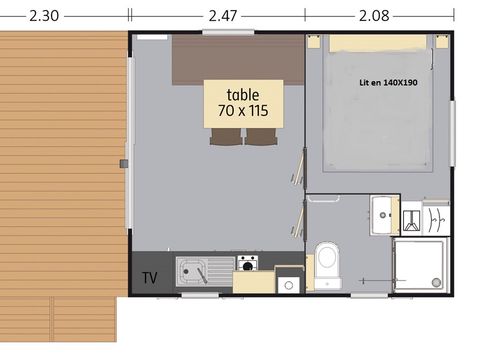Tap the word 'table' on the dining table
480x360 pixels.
click(x=243, y=95)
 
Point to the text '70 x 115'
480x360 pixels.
click(x=243, y=111)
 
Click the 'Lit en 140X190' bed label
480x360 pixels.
click(x=388, y=82)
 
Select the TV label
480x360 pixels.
click(x=150, y=277)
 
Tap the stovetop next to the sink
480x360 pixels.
click(x=247, y=264)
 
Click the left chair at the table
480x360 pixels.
click(x=226, y=137)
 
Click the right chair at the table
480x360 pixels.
click(x=261, y=137)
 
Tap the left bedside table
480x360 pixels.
click(x=315, y=42)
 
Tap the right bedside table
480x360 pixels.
click(x=441, y=42)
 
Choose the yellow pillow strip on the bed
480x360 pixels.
click(x=378, y=43)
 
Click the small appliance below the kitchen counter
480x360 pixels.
click(x=288, y=284)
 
